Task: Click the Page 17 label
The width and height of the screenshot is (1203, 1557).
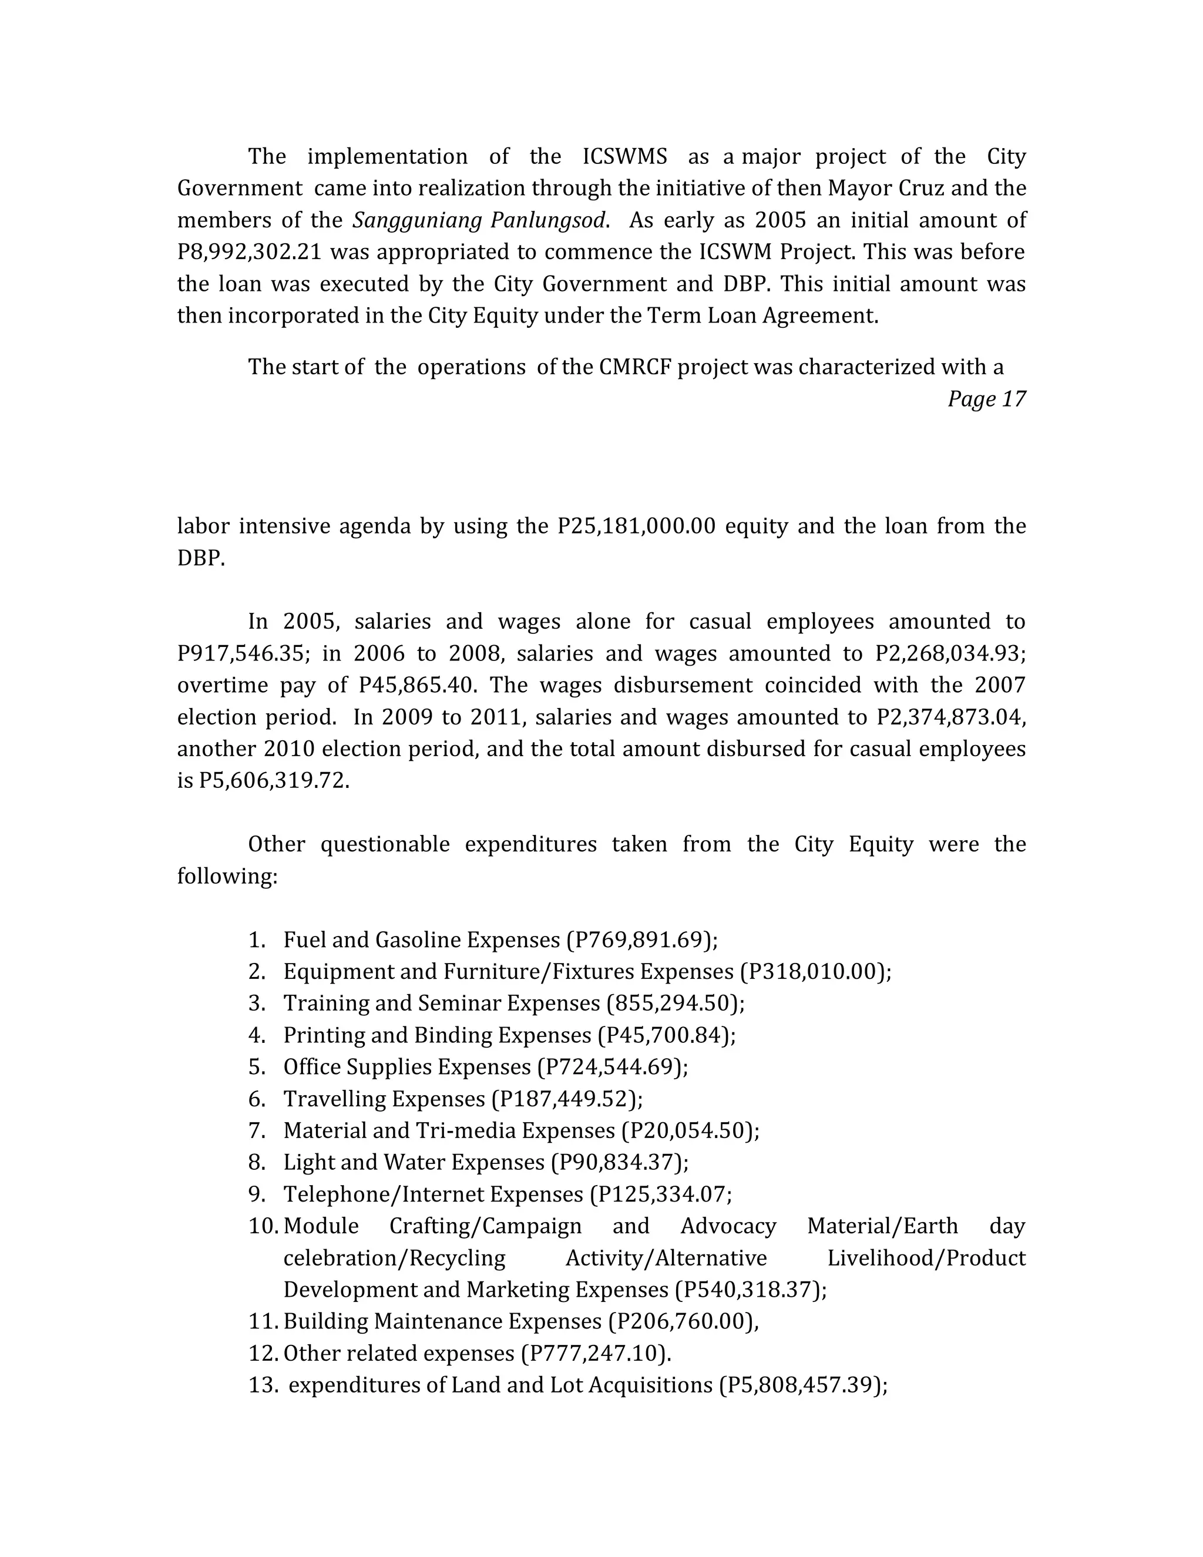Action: click(986, 399)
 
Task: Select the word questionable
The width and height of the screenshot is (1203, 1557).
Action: click(385, 844)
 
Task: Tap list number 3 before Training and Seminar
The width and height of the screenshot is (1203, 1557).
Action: click(257, 1003)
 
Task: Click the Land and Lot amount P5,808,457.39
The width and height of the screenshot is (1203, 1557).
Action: click(801, 1385)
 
